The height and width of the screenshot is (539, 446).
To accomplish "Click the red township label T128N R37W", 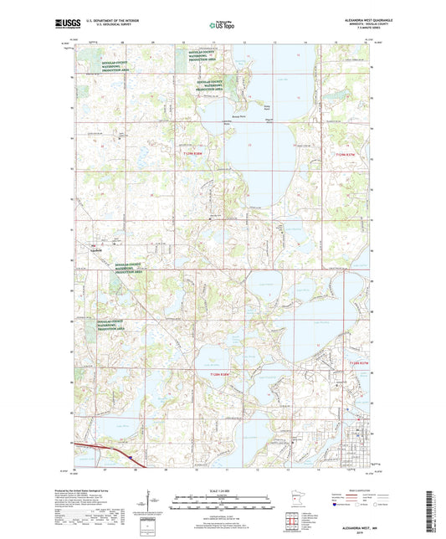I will pos(362,362).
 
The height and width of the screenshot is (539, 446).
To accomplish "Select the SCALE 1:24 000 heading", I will pos(223,490).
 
